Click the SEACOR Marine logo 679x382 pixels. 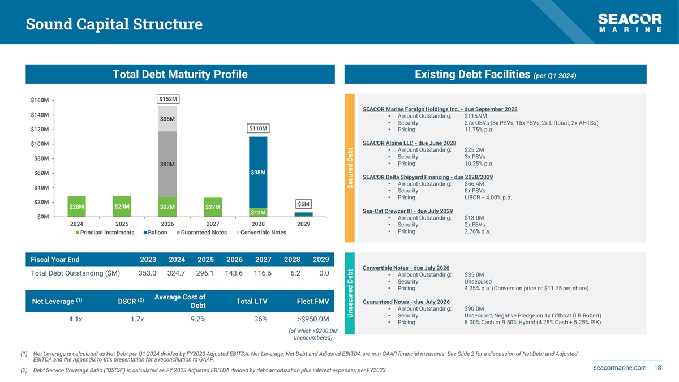coord(629,23)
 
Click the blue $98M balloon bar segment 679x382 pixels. coord(258,172)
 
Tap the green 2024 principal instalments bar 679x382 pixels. coord(76,207)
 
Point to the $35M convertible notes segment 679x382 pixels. coord(167,119)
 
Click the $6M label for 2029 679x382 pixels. coord(303,204)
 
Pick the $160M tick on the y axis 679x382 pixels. coord(39,101)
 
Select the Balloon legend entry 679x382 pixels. coord(156,233)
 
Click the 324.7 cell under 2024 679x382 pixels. coord(177,273)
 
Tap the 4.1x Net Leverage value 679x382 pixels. coord(75,319)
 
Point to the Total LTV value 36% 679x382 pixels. coord(261,319)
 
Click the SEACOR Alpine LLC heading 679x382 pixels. coord(409,143)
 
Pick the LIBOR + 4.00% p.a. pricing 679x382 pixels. coord(488,198)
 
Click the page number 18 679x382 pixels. coord(657,368)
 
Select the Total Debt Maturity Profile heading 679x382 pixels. coord(180,75)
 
